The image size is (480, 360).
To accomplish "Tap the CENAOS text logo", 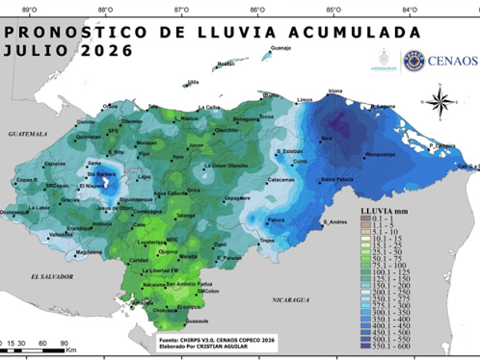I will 453,61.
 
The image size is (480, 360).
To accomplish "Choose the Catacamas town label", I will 281,180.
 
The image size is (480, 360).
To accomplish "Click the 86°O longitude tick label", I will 258,10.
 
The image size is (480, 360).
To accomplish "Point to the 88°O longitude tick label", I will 105,10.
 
